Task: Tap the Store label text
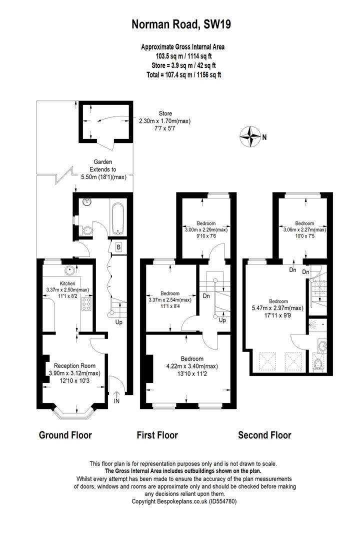(165, 113)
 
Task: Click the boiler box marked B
(118, 246)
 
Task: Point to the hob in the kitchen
(85, 304)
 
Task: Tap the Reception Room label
(74, 365)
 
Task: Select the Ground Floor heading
(65, 435)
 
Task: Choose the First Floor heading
(157, 435)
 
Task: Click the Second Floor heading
(264, 435)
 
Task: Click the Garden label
(102, 162)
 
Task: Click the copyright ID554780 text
(183, 501)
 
